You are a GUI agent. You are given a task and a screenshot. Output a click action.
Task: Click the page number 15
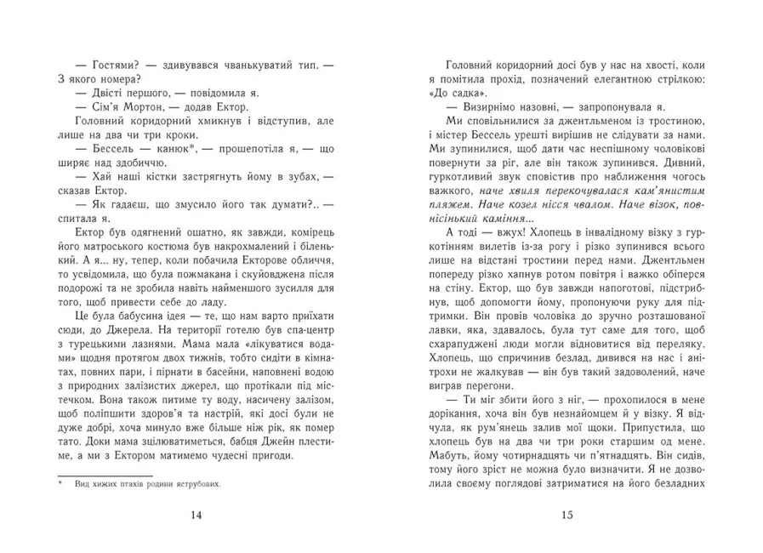pyautogui.click(x=567, y=513)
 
